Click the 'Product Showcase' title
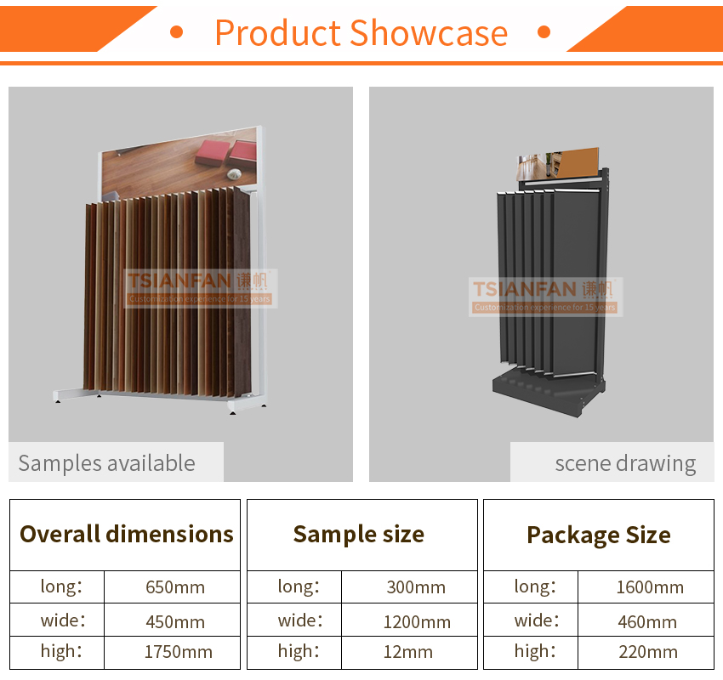pyautogui.click(x=361, y=33)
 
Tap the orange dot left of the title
pyautogui.click(x=177, y=31)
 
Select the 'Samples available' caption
pyautogui.click(x=106, y=463)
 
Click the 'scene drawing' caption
pyautogui.click(x=625, y=463)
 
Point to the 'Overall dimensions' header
pyautogui.click(x=127, y=535)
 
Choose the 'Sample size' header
pyautogui.click(x=359, y=535)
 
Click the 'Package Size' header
pyautogui.click(x=599, y=535)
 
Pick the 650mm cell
pyautogui.click(x=175, y=587)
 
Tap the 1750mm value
pyautogui.click(x=179, y=652)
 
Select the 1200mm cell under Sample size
pyautogui.click(x=417, y=622)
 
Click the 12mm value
pyautogui.click(x=408, y=652)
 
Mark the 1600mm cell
pyautogui.click(x=650, y=587)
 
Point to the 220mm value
pyautogui.click(x=648, y=652)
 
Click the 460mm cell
pyautogui.click(x=647, y=622)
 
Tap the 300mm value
pyautogui.click(x=416, y=587)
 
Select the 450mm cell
pyautogui.click(x=175, y=622)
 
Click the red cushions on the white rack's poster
pyautogui.click(x=227, y=152)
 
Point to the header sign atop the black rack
pyautogui.click(x=557, y=164)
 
